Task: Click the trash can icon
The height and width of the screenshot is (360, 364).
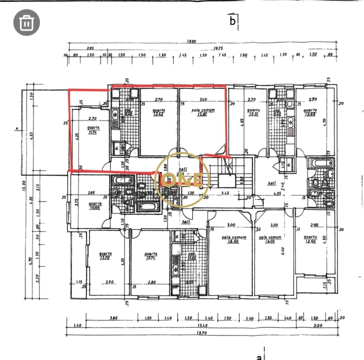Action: click(27, 22)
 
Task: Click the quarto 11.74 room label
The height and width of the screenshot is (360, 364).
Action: click(92, 130)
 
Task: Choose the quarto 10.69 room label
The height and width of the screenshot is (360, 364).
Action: click(95, 205)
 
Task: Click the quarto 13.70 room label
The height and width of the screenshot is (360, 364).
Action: click(104, 256)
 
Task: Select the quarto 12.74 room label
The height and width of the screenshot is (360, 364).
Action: click(151, 256)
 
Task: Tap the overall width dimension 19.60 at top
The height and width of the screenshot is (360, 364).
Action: click(191, 42)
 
